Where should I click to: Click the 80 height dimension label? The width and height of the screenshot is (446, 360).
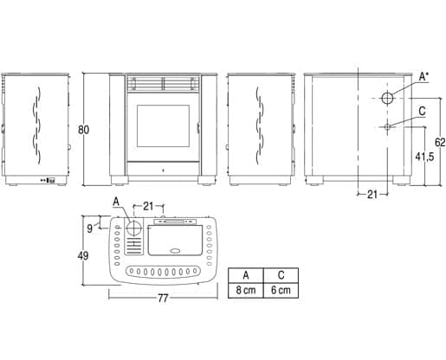pyautogui.click(x=84, y=130)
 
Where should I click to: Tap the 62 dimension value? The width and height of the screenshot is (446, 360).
pyautogui.click(x=440, y=142)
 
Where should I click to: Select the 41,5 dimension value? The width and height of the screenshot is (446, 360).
pyautogui.click(x=424, y=157)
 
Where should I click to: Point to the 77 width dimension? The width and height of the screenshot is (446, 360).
pyautogui.click(x=163, y=299)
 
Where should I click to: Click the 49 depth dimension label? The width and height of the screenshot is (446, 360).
pyautogui.click(x=83, y=255)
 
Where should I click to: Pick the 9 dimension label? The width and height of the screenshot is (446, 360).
pyautogui.click(x=90, y=228)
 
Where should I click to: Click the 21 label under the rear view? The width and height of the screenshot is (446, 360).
pyautogui.click(x=372, y=195)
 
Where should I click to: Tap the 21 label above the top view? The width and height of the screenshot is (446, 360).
pyautogui.click(x=148, y=206)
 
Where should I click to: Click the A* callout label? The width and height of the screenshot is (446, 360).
pyautogui.click(x=423, y=77)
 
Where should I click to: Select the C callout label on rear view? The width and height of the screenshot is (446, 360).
pyautogui.click(x=422, y=111)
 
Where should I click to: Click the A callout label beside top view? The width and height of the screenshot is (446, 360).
pyautogui.click(x=116, y=202)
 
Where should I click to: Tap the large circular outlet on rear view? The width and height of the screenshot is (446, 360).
pyautogui.click(x=387, y=99)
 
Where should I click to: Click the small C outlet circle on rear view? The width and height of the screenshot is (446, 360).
pyautogui.click(x=387, y=126)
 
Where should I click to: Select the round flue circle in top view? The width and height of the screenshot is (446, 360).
pyautogui.click(x=134, y=228)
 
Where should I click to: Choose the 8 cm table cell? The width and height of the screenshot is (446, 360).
pyautogui.click(x=246, y=291)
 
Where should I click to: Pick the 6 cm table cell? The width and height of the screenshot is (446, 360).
pyautogui.click(x=281, y=291)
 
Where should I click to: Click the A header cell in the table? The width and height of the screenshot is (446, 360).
pyautogui.click(x=246, y=275)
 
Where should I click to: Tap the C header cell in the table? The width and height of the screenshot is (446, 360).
pyautogui.click(x=281, y=275)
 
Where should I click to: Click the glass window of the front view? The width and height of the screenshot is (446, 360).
pyautogui.click(x=163, y=125)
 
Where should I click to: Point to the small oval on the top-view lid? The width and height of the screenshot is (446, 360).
pyautogui.click(x=175, y=251)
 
